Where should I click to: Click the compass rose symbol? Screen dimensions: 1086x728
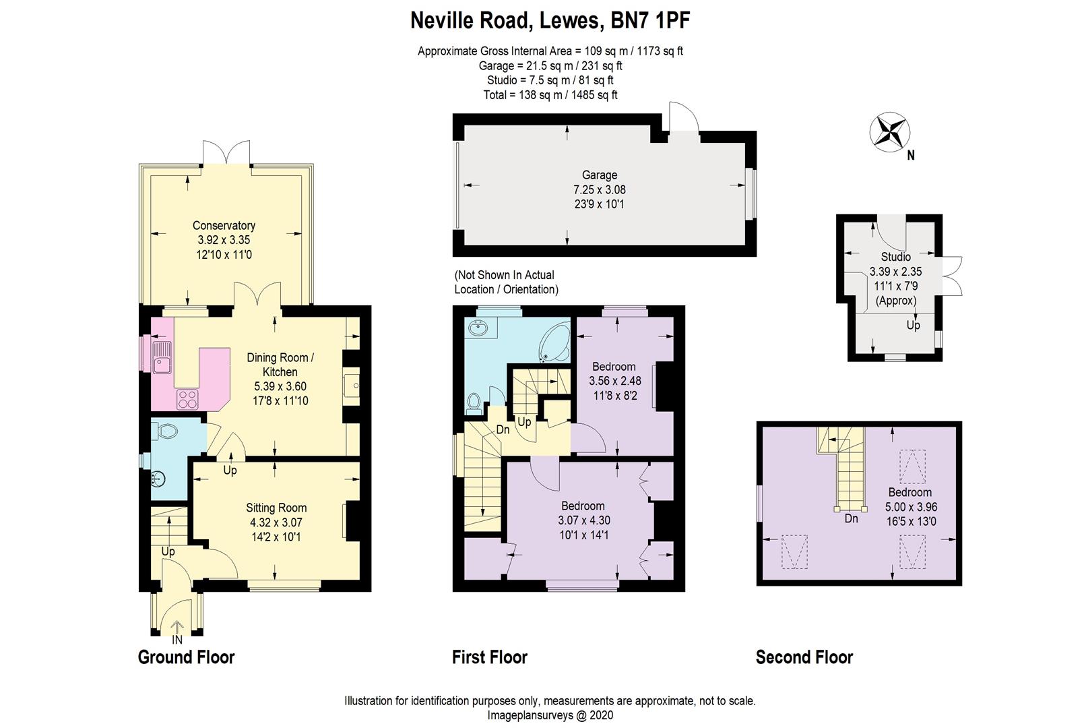coord(889,131)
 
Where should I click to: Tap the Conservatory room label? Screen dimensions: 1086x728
coord(224,226)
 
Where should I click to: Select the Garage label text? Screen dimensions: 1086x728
coord(599,175)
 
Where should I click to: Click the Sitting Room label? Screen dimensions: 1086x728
coord(276,508)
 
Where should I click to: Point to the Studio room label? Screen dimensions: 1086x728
coord(895,257)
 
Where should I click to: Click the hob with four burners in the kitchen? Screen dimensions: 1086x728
coord(187,400)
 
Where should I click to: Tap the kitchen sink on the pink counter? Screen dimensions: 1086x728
coord(162,357)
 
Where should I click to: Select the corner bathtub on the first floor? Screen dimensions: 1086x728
coord(554,344)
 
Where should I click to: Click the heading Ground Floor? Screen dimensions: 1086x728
coord(186,657)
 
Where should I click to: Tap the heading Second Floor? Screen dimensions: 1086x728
coord(804,657)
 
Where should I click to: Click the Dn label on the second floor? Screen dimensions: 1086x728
coord(851,518)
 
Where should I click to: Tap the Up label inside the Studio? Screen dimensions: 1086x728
coord(913,326)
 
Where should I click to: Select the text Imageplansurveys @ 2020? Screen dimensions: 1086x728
coord(550,715)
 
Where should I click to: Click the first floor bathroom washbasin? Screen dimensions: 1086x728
coord(479,330)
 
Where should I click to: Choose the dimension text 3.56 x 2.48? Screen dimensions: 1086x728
coord(614,381)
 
